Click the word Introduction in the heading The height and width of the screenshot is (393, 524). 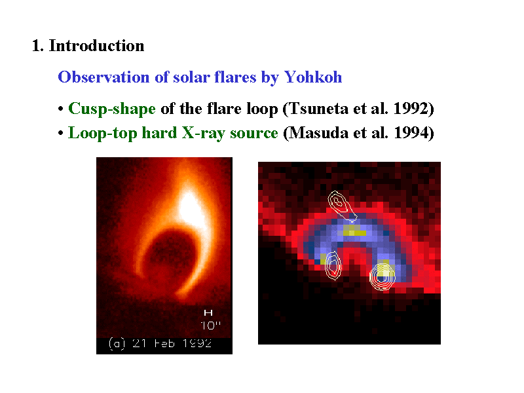[96, 45]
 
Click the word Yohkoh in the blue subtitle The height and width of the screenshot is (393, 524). [313, 77]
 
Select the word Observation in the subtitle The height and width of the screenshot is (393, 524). [103, 77]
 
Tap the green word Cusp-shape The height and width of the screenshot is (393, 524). [111, 109]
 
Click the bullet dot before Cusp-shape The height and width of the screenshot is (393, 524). [60, 109]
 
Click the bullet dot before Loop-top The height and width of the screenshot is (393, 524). [60, 133]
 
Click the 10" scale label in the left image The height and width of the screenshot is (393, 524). [210, 325]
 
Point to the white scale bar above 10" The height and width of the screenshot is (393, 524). [208, 313]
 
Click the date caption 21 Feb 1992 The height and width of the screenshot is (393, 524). [172, 343]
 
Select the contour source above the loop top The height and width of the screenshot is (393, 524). [341, 206]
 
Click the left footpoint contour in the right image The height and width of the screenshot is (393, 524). [333, 266]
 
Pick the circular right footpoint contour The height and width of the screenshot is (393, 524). [383, 276]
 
